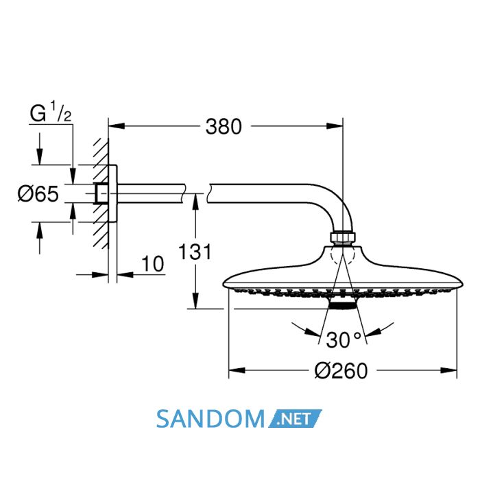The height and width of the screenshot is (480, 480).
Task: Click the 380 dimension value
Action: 224,126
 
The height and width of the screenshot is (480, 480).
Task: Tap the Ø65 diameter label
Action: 38,194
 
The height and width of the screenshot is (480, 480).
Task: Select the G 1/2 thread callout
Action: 51,112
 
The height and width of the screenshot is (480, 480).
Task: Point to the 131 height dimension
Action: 195,252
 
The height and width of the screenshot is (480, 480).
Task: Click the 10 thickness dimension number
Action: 153,264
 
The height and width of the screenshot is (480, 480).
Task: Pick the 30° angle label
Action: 344,340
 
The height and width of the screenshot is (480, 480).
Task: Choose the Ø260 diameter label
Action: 341,371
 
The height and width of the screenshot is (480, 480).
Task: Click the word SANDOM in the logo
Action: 211,419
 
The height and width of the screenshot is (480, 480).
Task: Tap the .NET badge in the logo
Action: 295,418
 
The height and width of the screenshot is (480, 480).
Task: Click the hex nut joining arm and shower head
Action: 343,237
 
